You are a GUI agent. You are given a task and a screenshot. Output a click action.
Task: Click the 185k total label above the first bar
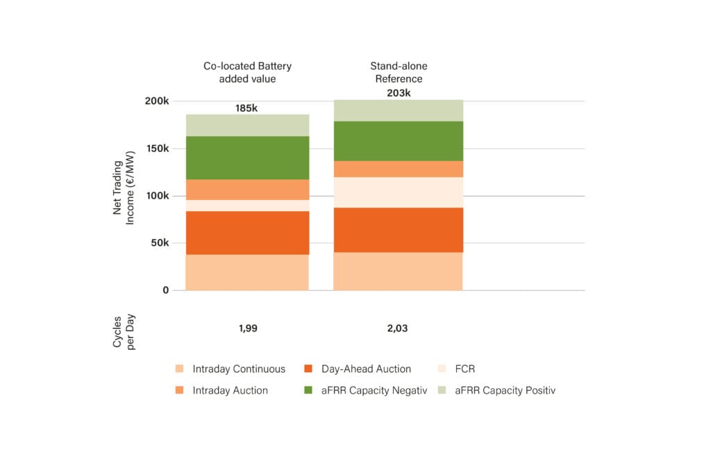tap(246, 108)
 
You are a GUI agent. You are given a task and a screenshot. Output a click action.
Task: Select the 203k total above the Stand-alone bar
tap(399, 93)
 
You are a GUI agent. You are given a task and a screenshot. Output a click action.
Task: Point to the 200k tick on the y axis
tap(157, 101)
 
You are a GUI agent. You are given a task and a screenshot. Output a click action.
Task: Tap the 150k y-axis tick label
tap(158, 149)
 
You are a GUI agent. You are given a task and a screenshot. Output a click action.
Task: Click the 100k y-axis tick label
tap(158, 195)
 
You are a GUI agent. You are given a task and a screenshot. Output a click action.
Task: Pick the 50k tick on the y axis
tap(160, 242)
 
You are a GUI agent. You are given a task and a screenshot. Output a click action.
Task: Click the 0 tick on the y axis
tap(165, 290)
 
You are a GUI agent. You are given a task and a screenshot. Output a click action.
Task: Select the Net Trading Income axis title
tap(124, 187)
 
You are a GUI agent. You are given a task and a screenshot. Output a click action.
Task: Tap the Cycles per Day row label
tap(124, 332)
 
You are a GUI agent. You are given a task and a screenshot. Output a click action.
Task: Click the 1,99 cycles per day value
tap(248, 328)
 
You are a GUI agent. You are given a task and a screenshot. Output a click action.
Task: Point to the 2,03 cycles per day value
tap(397, 328)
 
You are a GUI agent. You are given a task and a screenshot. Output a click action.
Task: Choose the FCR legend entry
tap(457, 369)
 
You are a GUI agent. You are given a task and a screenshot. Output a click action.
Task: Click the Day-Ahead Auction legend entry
tap(358, 369)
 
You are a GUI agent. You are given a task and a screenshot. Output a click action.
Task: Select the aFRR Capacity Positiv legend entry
tap(497, 390)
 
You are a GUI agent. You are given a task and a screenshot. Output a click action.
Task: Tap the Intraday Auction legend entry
tap(221, 390)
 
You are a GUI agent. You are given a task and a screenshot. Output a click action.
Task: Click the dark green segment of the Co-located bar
tap(248, 158)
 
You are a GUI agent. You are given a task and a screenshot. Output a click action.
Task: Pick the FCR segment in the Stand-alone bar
tap(398, 193)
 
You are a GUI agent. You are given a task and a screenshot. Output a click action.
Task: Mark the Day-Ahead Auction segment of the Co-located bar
tap(248, 233)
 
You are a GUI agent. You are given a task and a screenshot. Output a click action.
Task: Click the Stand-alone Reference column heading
tap(399, 72)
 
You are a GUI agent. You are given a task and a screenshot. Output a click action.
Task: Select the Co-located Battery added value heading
tap(247, 72)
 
